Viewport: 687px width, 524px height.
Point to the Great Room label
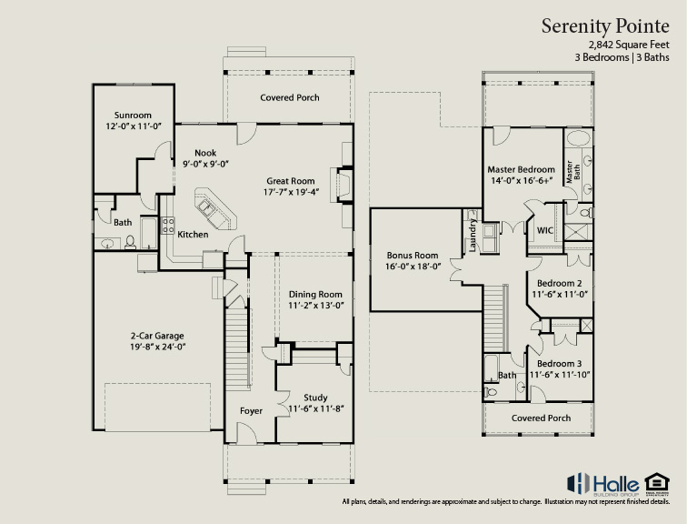(x=290, y=180)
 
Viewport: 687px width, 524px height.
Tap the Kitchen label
(x=193, y=235)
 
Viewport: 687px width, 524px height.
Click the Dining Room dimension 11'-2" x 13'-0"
(x=315, y=306)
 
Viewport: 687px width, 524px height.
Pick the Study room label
(x=315, y=398)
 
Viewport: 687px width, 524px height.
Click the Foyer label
(x=251, y=411)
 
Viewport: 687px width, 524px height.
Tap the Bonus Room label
(x=413, y=255)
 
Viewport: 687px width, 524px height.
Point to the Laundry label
(x=473, y=238)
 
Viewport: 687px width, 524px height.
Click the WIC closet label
(x=545, y=231)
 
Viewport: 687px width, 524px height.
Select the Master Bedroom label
(x=521, y=170)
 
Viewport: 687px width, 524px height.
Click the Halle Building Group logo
(x=602, y=482)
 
